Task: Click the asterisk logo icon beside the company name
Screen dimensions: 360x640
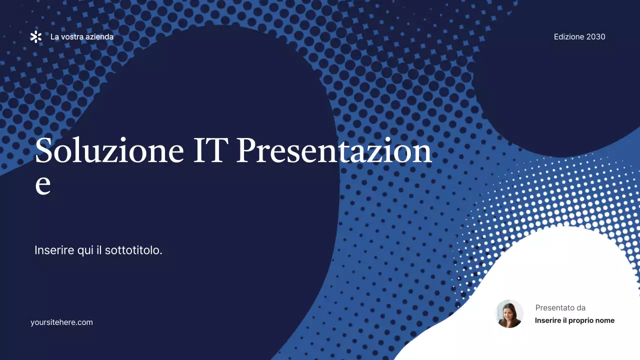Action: tap(36, 36)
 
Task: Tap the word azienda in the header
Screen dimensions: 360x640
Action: tap(100, 37)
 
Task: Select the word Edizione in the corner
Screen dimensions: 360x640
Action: tap(569, 37)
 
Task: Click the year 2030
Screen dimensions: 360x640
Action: tap(596, 37)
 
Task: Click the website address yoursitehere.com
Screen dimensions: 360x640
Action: tap(61, 322)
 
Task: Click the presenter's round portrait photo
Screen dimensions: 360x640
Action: tap(509, 314)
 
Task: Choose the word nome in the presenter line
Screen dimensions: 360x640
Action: tap(604, 320)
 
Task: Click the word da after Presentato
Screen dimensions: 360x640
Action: tap(580, 308)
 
